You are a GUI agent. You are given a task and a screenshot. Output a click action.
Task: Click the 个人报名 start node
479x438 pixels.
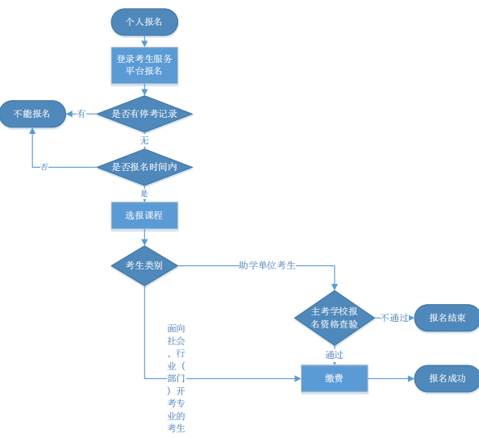[144, 22]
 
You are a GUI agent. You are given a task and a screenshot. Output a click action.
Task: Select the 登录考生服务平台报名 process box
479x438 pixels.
[144, 65]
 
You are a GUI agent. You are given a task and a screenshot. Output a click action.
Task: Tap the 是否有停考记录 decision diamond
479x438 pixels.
[144, 114]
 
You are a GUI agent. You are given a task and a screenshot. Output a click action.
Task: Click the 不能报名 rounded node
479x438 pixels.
[32, 114]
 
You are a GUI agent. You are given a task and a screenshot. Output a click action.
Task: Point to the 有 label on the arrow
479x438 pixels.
[81, 114]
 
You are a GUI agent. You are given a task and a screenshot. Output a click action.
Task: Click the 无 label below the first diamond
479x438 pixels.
[144, 140]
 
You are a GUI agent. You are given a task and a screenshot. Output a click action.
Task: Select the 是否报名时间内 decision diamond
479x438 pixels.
[144, 167]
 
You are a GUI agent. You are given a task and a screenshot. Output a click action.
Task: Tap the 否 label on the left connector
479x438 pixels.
[44, 167]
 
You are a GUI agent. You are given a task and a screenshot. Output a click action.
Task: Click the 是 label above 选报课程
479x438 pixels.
[144, 194]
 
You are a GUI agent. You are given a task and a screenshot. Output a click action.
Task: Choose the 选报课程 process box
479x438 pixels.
[144, 215]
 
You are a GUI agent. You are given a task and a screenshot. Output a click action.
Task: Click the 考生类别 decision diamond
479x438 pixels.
[144, 265]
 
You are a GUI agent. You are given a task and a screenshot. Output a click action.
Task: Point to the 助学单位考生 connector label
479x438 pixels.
[267, 265]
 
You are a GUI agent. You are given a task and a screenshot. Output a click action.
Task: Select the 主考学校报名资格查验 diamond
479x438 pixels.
[335, 318]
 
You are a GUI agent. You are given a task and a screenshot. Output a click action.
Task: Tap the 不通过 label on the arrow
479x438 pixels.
[394, 318]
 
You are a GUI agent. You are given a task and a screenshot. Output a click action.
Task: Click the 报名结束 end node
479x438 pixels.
[447, 318]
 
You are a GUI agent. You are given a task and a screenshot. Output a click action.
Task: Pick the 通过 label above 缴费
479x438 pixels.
[335, 355]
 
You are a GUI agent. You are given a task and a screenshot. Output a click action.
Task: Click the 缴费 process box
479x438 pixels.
[335, 378]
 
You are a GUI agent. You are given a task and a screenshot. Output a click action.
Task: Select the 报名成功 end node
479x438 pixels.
[447, 378]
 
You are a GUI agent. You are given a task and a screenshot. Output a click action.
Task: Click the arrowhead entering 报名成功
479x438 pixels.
[411, 378]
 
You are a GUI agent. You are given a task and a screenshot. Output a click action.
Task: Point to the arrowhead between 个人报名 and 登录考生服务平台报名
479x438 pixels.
[144, 44]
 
